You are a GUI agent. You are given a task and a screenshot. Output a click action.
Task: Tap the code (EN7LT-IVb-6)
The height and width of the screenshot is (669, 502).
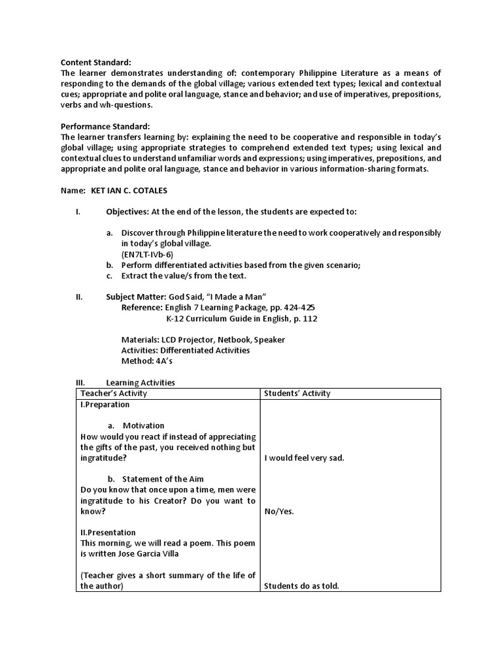(x=147, y=254)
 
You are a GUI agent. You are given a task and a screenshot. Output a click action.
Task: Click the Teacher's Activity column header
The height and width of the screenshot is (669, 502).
(x=113, y=393)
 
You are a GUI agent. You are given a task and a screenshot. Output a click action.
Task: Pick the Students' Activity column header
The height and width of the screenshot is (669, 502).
(x=297, y=393)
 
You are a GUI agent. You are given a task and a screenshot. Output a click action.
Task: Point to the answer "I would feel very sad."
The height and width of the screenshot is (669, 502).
(x=304, y=458)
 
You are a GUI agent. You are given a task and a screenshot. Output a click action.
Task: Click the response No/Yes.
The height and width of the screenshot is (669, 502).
(x=279, y=512)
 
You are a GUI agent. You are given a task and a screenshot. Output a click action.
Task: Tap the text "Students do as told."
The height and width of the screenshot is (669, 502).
(x=301, y=586)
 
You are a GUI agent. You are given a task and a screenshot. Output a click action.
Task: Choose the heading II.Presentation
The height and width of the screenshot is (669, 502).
(x=108, y=532)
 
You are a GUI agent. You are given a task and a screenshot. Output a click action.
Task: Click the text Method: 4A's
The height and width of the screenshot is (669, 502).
(x=147, y=361)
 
